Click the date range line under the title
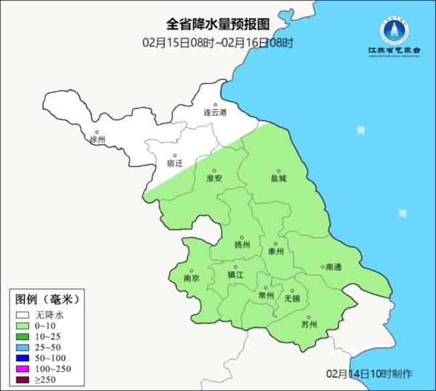tap(217, 43)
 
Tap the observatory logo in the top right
tap(396, 33)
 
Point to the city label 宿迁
tap(174, 164)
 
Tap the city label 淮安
tap(214, 178)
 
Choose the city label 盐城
tap(278, 178)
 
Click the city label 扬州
tap(242, 245)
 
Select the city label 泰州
tap(275, 251)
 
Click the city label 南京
tap(191, 278)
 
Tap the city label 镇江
tap(236, 275)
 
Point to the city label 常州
tap(266, 295)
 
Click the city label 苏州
tap(309, 325)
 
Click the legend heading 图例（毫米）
tap(47, 299)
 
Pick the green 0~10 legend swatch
tap(23, 326)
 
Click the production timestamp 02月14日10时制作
tap(370, 374)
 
